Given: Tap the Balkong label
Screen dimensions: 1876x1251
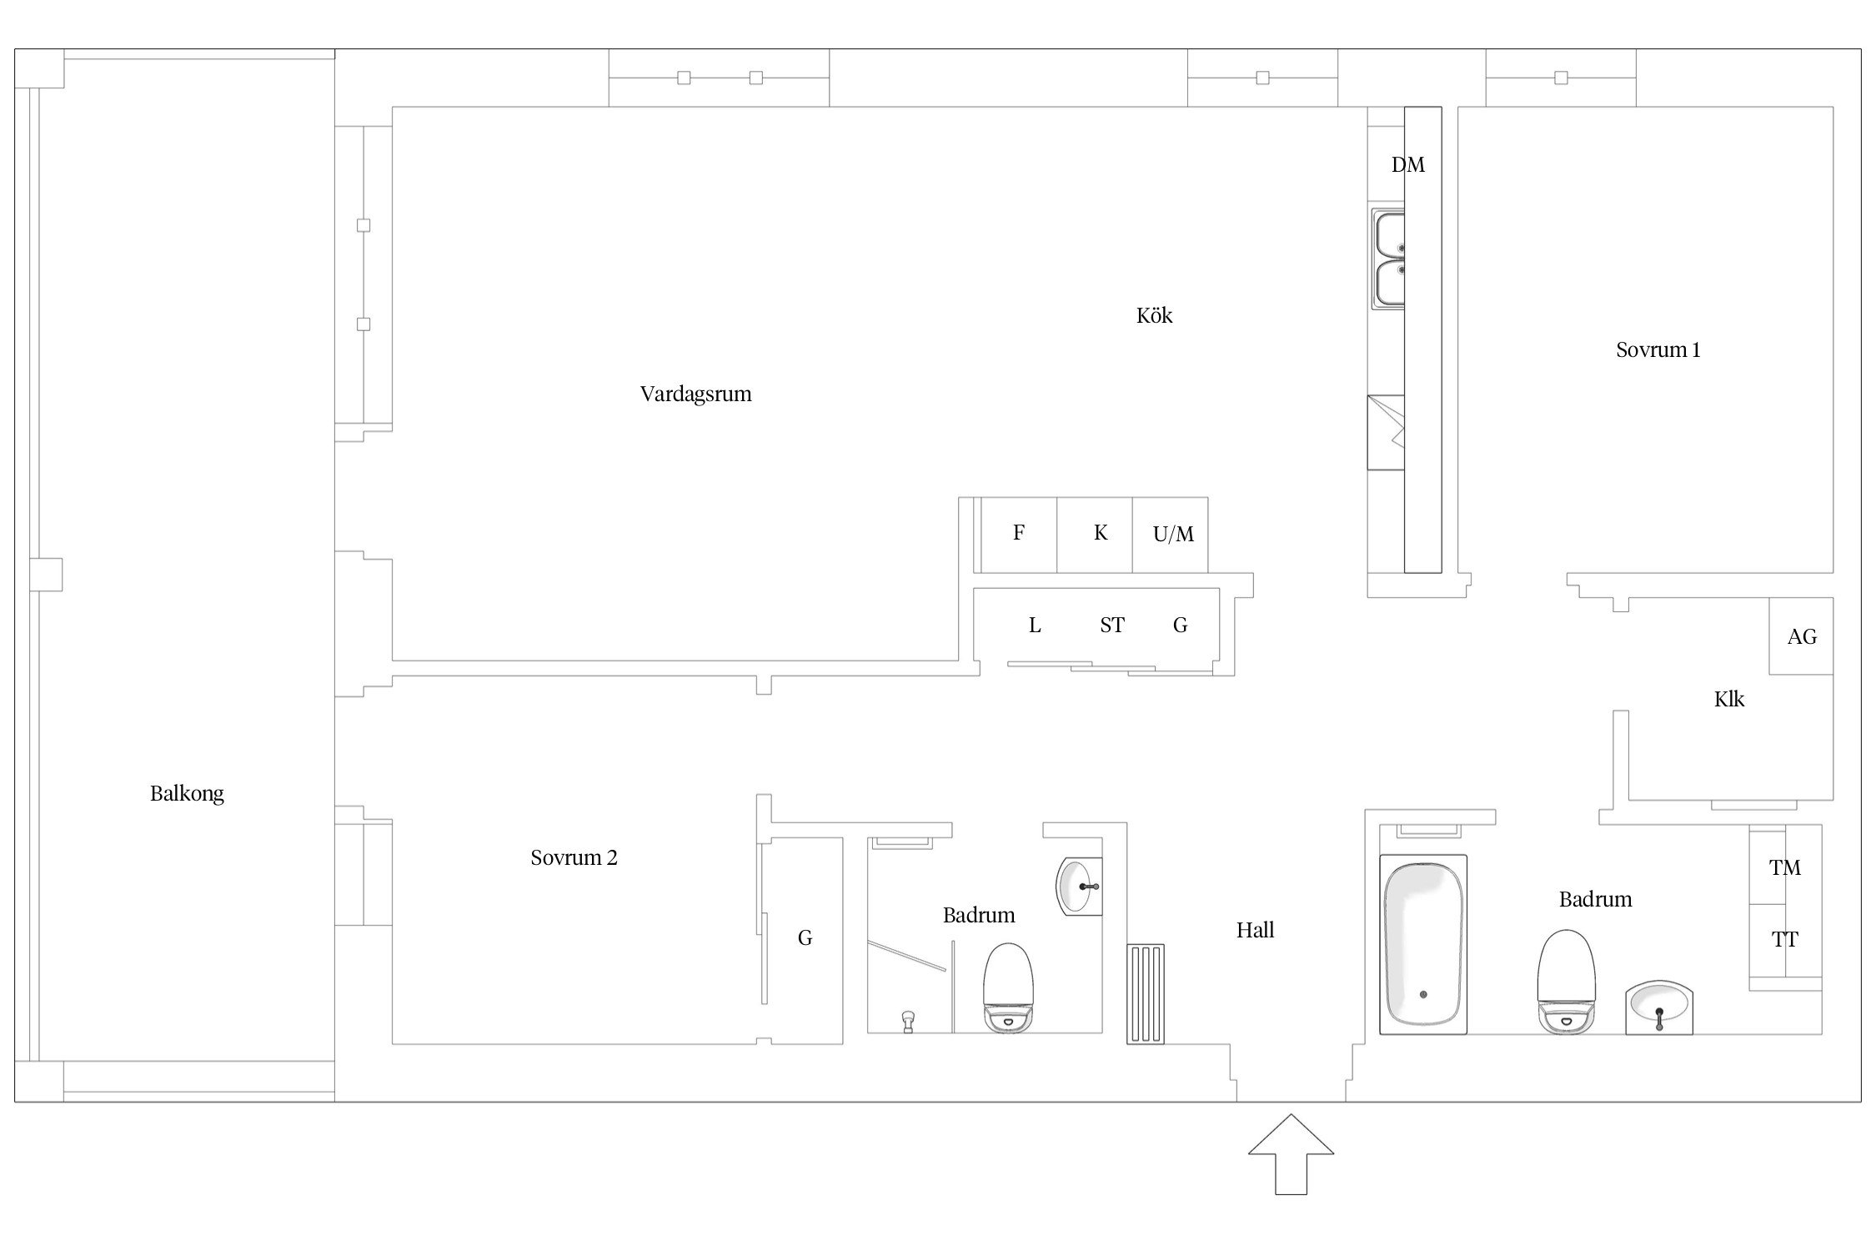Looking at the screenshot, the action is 187,793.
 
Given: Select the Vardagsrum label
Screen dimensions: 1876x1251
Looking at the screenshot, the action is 695,394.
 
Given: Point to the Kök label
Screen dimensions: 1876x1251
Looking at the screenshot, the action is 1154,315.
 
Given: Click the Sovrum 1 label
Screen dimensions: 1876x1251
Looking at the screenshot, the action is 1658,349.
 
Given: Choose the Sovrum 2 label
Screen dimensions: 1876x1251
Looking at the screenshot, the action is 574,857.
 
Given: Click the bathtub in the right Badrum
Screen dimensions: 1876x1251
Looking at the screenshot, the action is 1422,944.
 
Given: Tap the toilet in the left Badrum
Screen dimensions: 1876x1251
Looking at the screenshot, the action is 1008,989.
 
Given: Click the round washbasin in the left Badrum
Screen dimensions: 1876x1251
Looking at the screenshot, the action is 1079,887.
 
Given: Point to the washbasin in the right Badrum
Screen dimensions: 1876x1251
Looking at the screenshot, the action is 1658,1007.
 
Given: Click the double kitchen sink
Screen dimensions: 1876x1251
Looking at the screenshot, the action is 1388,259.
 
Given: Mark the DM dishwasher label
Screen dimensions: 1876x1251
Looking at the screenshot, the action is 1407,165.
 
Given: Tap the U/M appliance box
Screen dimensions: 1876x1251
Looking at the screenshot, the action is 1170,535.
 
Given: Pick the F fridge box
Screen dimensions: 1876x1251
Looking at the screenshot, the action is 1019,535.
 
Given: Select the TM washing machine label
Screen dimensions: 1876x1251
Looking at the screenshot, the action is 1785,867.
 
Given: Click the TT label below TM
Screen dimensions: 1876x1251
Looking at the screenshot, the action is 1784,940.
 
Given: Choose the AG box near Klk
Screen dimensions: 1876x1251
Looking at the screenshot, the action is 1801,636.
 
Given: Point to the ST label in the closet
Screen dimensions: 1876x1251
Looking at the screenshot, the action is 1111,625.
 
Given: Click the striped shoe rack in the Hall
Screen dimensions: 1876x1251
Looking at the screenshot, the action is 1145,993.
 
